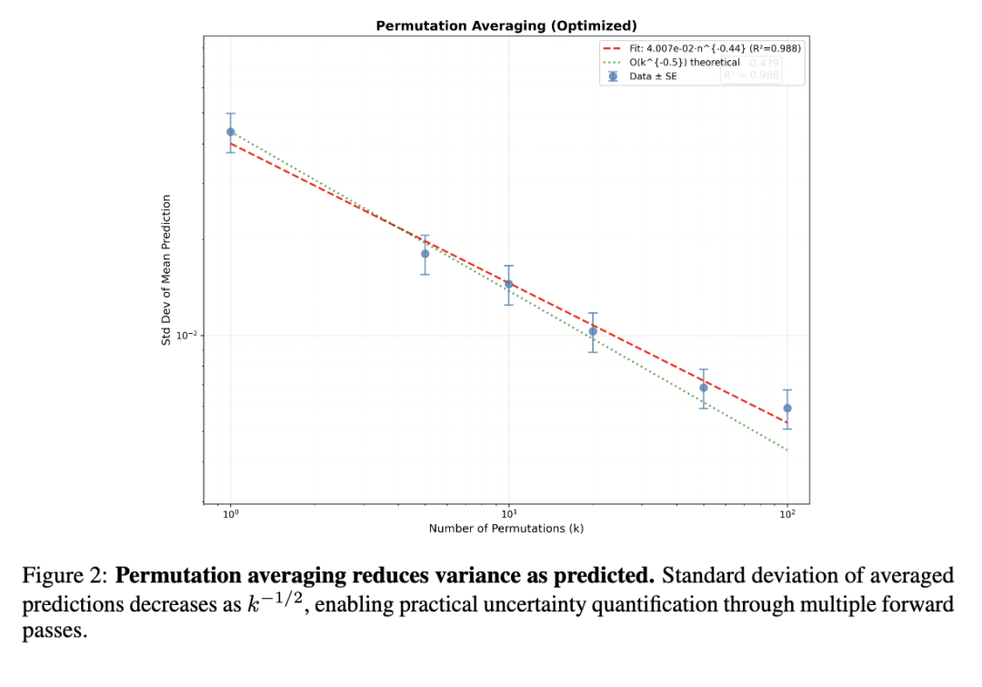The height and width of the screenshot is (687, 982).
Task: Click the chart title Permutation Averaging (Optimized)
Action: (x=506, y=25)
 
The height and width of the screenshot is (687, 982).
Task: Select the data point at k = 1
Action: (x=231, y=132)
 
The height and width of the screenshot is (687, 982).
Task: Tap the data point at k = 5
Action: (x=425, y=254)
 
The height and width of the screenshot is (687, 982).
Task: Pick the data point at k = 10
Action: (x=509, y=285)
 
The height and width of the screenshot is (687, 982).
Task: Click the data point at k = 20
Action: (x=593, y=331)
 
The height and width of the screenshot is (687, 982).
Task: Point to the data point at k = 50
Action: (x=704, y=388)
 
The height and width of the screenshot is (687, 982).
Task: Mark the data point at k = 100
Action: (x=787, y=409)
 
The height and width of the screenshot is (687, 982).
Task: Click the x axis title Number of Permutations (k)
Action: (x=506, y=529)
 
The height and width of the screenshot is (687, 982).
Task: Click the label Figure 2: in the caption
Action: (x=65, y=577)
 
